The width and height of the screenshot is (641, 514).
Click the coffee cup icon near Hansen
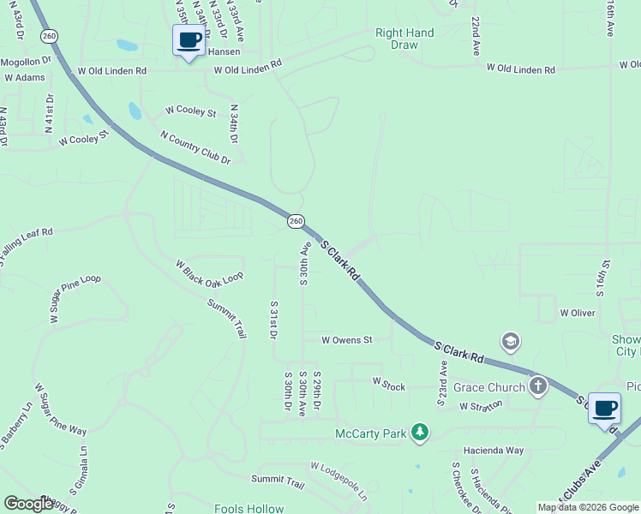coord(189,39)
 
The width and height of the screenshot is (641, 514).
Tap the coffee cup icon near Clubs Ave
coord(604,408)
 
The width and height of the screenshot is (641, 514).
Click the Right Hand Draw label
coord(404,39)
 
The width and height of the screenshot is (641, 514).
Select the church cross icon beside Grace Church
coord(537,386)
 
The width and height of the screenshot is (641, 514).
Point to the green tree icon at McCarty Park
coord(419,433)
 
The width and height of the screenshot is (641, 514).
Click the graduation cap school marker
coord(511,343)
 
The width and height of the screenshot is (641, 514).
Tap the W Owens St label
coord(346,340)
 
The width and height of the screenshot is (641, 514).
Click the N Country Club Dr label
coord(195,147)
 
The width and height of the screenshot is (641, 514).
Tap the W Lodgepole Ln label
coord(338,481)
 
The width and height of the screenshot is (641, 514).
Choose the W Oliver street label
coord(578,313)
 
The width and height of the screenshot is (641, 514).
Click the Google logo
coord(28,504)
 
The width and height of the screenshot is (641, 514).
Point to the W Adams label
coord(24,77)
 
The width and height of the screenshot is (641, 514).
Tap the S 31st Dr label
coord(274,320)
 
